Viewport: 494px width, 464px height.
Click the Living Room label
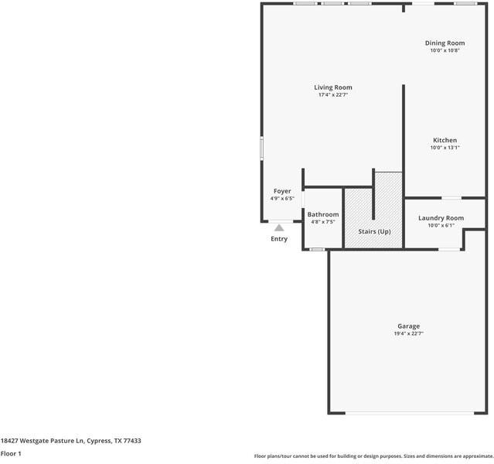(x=332, y=87)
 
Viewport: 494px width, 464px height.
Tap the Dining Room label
(x=445, y=43)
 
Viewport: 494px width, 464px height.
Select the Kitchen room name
(x=445, y=140)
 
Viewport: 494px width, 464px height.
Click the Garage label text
(x=409, y=326)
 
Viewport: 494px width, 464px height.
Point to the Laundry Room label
(x=441, y=218)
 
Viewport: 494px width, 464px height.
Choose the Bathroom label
(x=322, y=214)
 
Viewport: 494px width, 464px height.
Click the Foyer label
(x=282, y=191)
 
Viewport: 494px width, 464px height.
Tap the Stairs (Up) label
(x=374, y=232)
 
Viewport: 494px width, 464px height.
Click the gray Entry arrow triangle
(x=279, y=227)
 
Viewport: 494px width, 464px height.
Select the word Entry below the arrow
(x=279, y=239)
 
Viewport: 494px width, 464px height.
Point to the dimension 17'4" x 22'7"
(x=332, y=95)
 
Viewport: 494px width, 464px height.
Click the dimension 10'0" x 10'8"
(x=445, y=50)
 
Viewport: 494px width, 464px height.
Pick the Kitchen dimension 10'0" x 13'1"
(x=445, y=148)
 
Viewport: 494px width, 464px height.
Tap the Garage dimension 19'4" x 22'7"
(x=409, y=333)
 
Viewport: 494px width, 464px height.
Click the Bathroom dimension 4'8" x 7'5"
(x=322, y=222)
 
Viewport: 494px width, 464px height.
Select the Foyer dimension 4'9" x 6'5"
(x=282, y=199)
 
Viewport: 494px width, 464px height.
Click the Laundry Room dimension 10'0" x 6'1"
(x=441, y=226)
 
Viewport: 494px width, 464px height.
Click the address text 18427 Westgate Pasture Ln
(x=70, y=441)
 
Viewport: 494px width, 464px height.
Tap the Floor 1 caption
(x=11, y=454)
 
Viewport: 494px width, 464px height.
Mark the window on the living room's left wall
(x=261, y=148)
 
